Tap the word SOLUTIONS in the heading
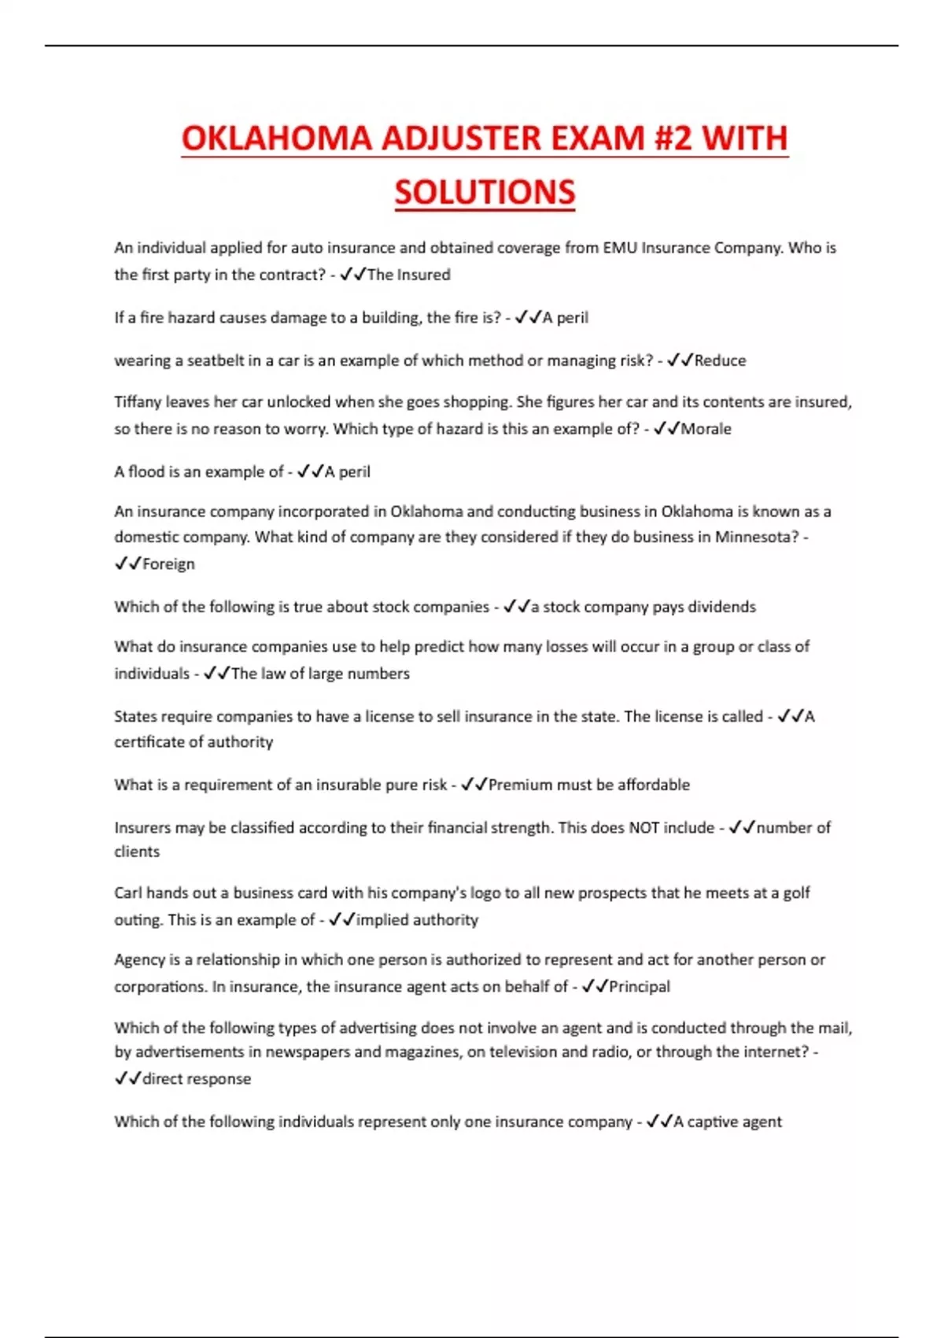[x=485, y=193]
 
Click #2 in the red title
[x=673, y=139]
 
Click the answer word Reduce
[x=720, y=360]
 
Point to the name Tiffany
[x=137, y=402]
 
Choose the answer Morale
[x=706, y=429]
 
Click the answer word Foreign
[x=168, y=564]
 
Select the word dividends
[x=721, y=607]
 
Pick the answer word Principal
[x=640, y=987]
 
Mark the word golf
[x=796, y=893]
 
